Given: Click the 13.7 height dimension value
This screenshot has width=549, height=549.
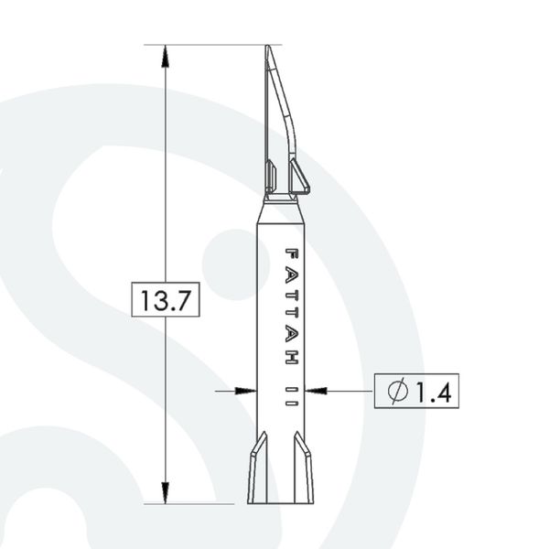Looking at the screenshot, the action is pos(166,300).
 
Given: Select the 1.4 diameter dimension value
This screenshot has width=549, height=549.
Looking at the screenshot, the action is pos(434,391).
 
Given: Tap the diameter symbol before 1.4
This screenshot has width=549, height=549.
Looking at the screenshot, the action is pos(398,391).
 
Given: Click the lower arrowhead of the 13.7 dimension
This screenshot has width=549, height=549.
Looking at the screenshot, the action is pos(166,492).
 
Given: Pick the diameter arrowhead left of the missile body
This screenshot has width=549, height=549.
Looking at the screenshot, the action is pos(245,391).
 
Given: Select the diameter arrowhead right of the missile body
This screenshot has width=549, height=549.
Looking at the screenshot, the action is pos(316,391).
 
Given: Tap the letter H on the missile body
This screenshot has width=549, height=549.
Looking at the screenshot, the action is pos(291,357).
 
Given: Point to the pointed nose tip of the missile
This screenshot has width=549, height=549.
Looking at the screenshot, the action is pos(267,46).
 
